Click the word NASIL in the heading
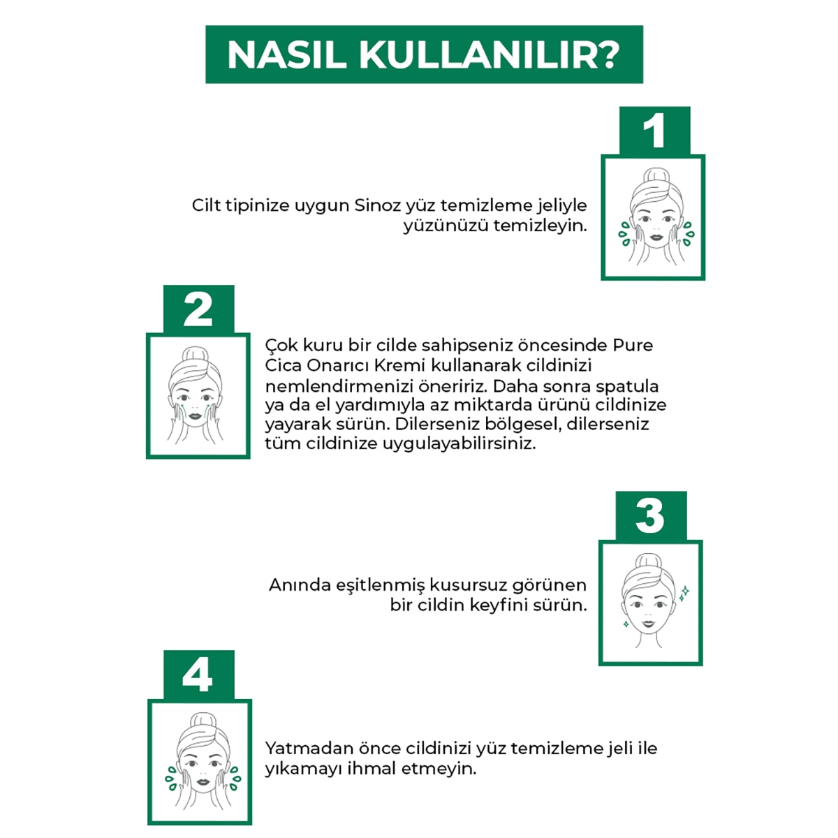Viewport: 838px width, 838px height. tap(286, 55)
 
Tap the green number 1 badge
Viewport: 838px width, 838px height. tap(654, 131)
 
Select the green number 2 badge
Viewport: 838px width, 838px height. tap(198, 309)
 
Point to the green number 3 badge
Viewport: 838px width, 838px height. tap(650, 516)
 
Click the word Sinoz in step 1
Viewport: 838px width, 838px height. tap(378, 205)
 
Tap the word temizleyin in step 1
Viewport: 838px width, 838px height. tap(540, 226)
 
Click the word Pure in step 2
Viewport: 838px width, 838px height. tap(633, 345)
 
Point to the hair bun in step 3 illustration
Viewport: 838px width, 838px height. tap(648, 562)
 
